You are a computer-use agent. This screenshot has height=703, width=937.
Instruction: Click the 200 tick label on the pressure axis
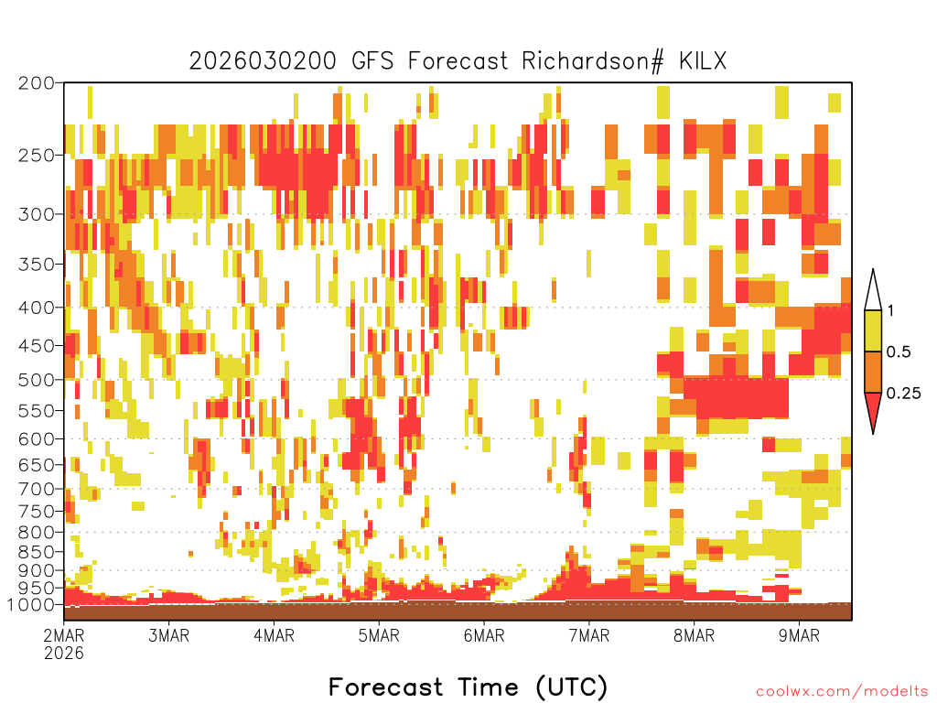pos(37,83)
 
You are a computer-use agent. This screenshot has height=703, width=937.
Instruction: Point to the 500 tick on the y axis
pos(37,380)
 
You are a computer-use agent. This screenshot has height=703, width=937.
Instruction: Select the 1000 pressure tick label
pos(31,605)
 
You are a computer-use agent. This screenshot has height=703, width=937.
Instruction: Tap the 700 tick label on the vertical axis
pos(37,489)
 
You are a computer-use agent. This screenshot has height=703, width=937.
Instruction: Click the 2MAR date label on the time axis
pos(64,635)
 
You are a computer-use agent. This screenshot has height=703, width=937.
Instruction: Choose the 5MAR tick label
pos(379,635)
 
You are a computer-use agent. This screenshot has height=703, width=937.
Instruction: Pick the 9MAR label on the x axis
pos(800,635)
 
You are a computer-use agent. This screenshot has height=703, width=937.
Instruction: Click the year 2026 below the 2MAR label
pos(64,653)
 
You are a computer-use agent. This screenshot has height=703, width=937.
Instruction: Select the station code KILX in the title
pos(703,61)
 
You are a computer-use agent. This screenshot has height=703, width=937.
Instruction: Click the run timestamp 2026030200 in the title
pos(263,61)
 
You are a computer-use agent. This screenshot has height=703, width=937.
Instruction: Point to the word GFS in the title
pos(372,61)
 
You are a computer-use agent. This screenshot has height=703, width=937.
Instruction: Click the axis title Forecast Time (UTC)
pos(468,687)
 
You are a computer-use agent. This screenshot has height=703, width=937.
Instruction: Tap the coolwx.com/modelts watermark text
pos(843,692)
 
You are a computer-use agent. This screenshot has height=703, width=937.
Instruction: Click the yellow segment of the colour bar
pos(873,330)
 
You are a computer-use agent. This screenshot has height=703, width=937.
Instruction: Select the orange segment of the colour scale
pos(873,372)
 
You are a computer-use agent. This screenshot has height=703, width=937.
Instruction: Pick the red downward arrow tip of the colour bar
pos(873,433)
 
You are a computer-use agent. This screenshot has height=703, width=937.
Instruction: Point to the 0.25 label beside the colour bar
pos(904,394)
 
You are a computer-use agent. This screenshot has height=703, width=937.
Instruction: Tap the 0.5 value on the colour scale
pos(899,352)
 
